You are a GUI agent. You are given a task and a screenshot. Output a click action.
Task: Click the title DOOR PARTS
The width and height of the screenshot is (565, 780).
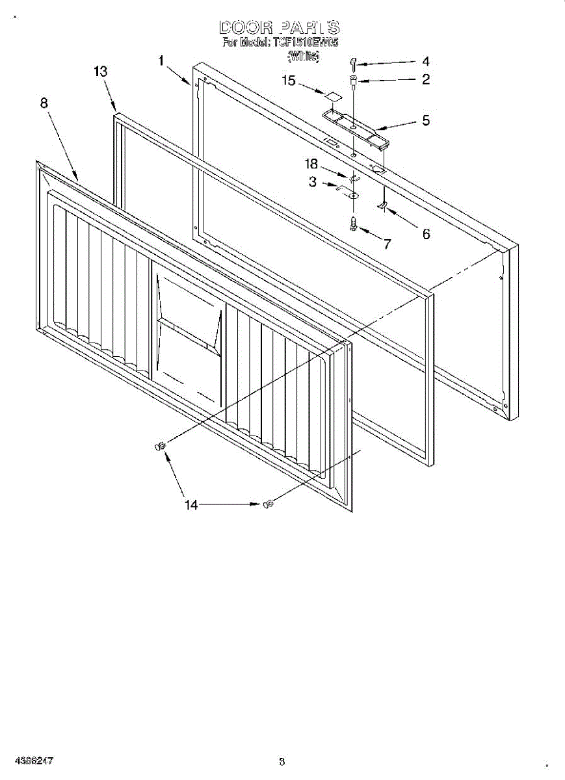point(280,27)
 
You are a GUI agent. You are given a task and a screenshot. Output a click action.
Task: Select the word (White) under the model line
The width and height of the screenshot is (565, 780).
point(304,57)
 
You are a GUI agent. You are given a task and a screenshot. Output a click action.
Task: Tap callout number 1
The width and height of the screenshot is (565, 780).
point(161,61)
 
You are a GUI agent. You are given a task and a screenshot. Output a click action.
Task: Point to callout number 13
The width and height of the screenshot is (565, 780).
point(100,71)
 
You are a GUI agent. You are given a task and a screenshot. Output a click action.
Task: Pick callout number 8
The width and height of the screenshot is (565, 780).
point(44,103)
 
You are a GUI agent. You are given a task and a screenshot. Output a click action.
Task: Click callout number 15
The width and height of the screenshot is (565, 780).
point(289,81)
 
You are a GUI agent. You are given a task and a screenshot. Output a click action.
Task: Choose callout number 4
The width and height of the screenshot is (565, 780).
point(425,62)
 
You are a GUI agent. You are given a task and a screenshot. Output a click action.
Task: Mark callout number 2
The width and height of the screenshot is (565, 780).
point(425,80)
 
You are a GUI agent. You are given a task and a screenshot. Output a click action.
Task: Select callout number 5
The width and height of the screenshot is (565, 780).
point(426,120)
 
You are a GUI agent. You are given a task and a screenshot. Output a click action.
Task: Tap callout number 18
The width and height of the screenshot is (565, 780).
point(313,164)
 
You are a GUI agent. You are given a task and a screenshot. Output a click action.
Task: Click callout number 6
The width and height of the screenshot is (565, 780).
point(426,234)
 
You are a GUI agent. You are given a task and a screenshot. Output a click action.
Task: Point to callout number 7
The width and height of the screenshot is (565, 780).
point(387,244)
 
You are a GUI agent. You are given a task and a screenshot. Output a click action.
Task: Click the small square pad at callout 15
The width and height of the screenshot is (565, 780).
point(334,96)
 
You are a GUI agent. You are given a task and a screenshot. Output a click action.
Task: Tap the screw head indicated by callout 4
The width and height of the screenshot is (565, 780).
point(353,62)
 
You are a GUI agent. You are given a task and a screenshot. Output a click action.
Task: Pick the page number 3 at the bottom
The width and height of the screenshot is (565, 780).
point(282,761)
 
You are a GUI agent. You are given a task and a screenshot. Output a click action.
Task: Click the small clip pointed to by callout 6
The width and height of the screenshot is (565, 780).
point(383,206)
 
